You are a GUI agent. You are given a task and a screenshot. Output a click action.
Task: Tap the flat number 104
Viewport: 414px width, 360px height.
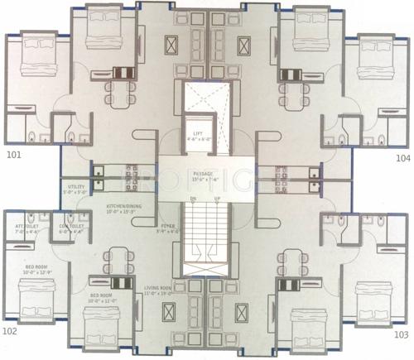tap(402, 156)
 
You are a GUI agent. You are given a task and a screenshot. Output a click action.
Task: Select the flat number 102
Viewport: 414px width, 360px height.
tap(10, 331)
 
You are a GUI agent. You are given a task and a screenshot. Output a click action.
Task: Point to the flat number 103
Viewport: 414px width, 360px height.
tap(402, 334)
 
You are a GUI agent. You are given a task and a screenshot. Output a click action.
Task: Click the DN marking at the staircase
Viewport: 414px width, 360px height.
tap(192, 199)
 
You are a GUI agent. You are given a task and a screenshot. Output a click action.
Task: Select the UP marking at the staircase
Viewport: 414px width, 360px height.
tap(218, 199)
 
